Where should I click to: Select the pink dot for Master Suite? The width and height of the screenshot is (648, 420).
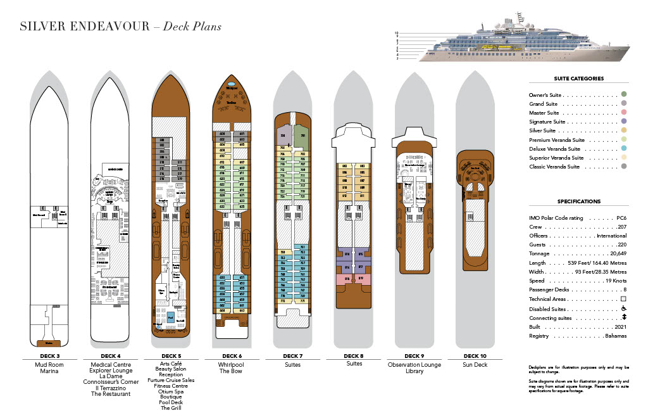(623, 113)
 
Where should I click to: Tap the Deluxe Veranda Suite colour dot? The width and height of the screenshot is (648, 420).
(623, 149)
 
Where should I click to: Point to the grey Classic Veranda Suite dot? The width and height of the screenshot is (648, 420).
(623, 167)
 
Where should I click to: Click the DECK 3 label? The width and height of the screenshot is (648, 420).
(48, 356)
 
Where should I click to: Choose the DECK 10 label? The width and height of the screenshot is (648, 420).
(475, 356)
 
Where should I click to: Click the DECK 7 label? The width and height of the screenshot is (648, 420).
(293, 356)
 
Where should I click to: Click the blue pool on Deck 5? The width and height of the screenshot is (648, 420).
(170, 314)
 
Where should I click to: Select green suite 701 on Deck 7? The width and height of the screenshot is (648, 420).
(302, 136)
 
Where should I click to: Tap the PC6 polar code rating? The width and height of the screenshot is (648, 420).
(621, 218)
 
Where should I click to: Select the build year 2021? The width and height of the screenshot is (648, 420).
(619, 327)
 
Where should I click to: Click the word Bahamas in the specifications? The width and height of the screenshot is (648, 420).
(615, 336)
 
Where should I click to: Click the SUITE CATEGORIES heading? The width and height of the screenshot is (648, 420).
(579, 79)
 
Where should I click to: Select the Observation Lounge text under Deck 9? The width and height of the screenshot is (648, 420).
(414, 365)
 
